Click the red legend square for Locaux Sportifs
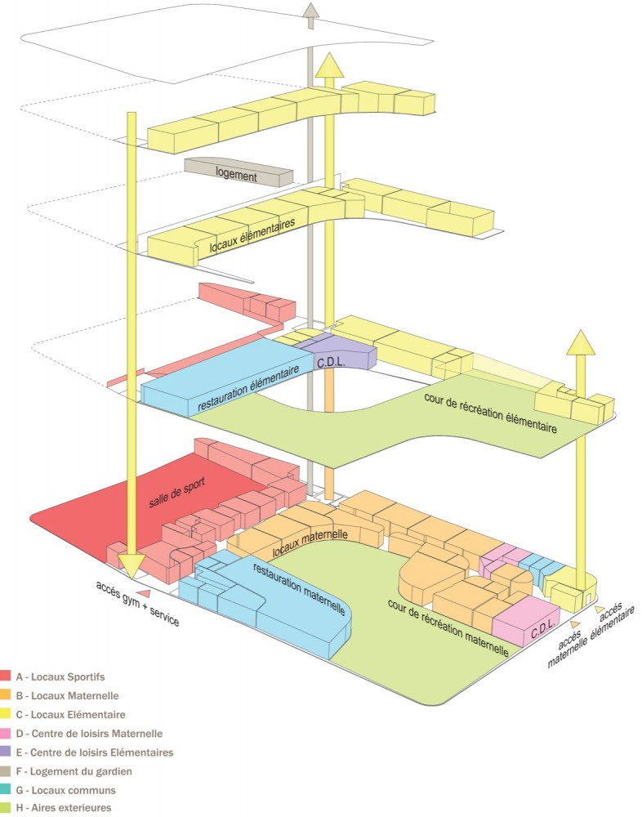6,676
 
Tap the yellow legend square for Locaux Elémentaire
6,715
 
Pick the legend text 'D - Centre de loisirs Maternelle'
89,734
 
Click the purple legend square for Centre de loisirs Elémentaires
6,752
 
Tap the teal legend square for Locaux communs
6,790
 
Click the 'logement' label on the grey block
237,175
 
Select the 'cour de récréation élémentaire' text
490,413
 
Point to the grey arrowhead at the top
310,11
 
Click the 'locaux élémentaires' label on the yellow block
251,234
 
